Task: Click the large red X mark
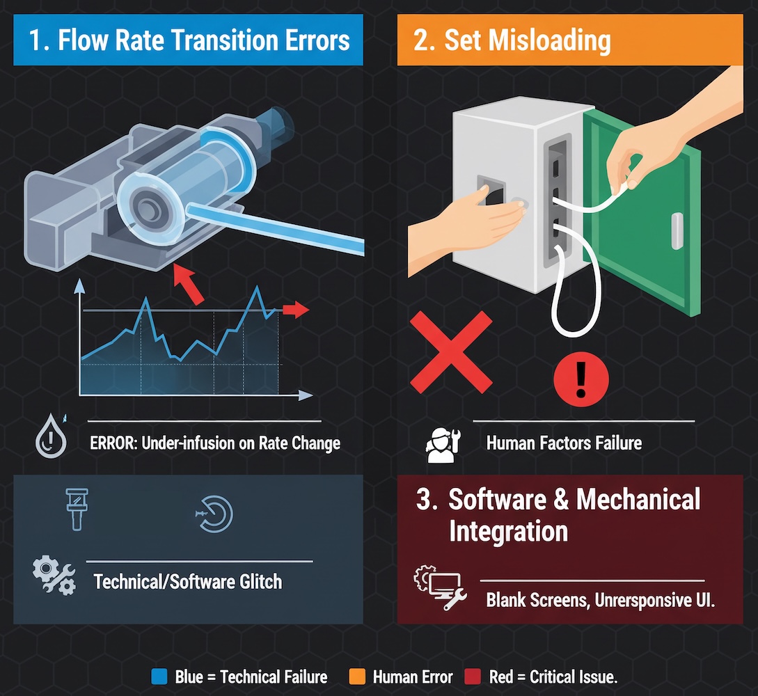(450, 352)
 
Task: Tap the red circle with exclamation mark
(581, 379)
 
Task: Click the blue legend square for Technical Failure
(159, 677)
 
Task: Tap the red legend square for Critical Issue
(473, 677)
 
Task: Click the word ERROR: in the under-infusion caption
(113, 443)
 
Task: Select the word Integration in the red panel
(508, 532)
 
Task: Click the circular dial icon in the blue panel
(214, 514)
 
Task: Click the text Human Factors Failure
(563, 443)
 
